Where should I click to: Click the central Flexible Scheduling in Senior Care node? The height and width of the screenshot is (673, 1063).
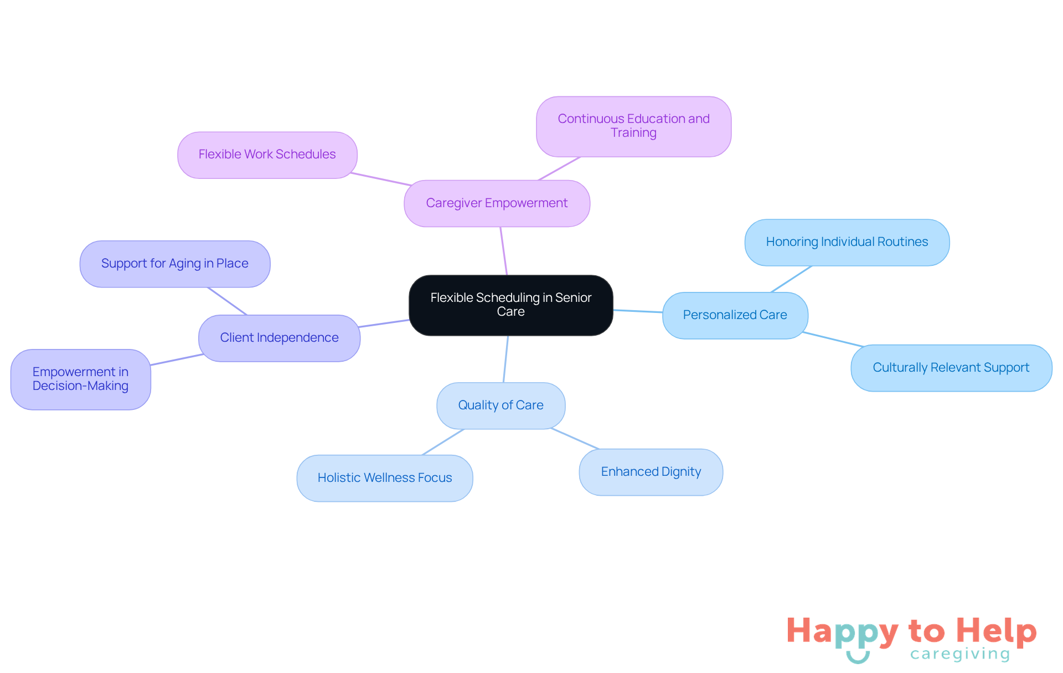(x=510, y=305)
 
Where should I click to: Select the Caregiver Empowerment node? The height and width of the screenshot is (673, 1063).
(x=497, y=203)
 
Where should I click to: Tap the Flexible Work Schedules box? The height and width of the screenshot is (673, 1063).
(x=267, y=155)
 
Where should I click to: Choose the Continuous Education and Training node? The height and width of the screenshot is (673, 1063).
(x=633, y=126)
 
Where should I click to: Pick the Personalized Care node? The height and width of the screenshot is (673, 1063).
(x=735, y=315)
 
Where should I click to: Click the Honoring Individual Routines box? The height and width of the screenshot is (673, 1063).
(x=847, y=243)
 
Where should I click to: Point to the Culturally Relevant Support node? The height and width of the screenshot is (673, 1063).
(x=951, y=368)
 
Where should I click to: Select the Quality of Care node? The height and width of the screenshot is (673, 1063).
(x=501, y=405)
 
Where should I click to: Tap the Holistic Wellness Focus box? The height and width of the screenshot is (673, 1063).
(x=385, y=478)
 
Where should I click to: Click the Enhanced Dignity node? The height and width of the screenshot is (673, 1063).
(x=651, y=472)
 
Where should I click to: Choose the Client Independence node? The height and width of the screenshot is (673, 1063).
(x=280, y=338)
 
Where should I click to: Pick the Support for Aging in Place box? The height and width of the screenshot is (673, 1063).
(x=175, y=264)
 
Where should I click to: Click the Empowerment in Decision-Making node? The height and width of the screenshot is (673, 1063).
(x=81, y=379)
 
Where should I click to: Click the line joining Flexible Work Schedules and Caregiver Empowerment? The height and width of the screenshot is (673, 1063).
(x=381, y=179)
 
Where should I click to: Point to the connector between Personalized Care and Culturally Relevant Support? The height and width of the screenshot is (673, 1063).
(x=833, y=339)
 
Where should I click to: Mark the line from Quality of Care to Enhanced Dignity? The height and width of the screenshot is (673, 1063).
(x=575, y=438)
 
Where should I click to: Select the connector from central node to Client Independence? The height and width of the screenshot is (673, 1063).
(x=384, y=323)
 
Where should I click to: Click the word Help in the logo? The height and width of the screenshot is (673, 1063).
(x=997, y=631)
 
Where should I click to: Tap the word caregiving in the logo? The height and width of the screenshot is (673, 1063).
(x=961, y=655)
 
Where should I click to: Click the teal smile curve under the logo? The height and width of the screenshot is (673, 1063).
(x=858, y=657)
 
